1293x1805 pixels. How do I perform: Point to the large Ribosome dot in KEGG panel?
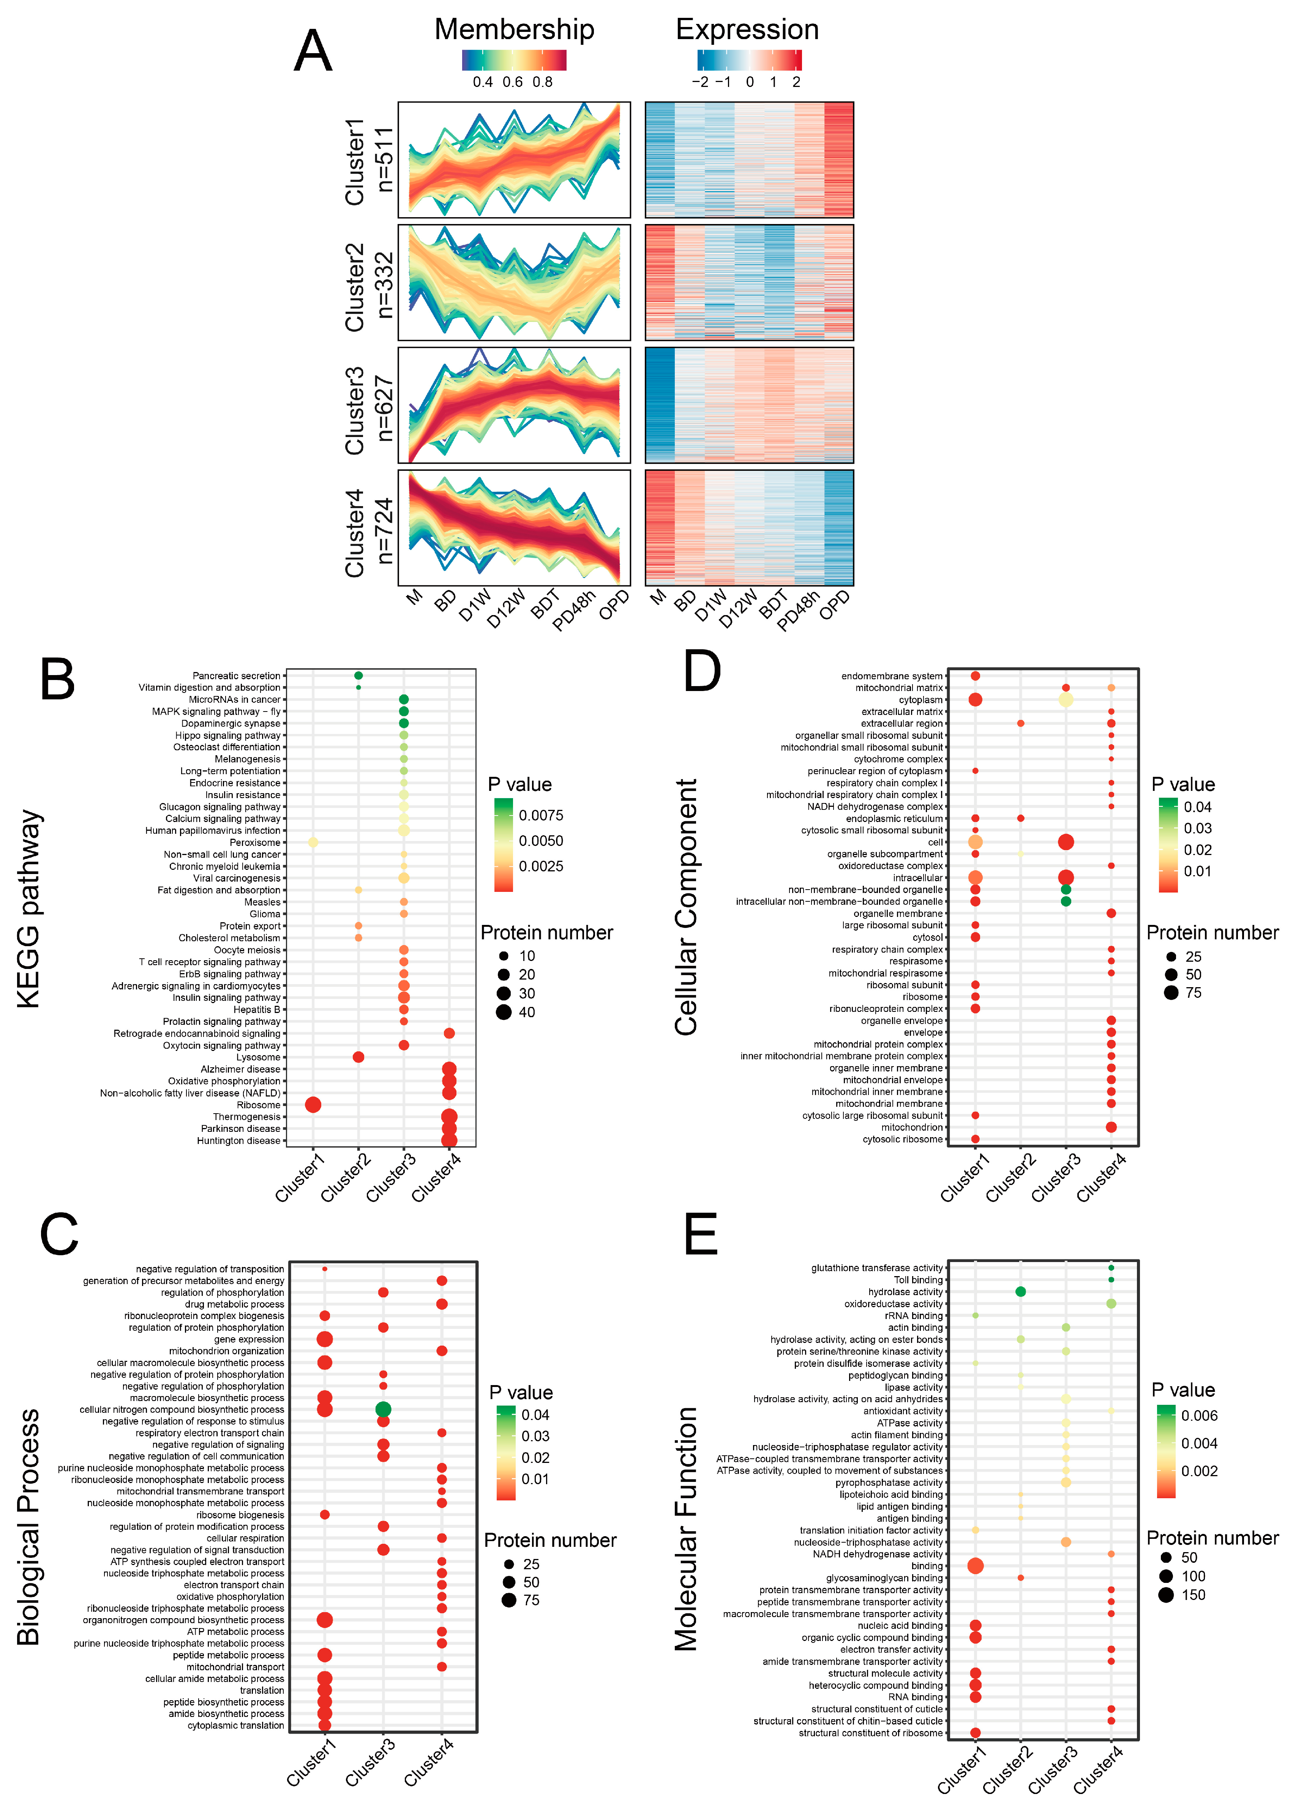click(x=313, y=1104)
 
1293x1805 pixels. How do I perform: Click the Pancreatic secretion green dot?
click(x=358, y=676)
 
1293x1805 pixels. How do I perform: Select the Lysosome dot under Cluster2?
click(x=358, y=1057)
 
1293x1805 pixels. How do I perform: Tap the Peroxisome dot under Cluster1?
click(x=313, y=842)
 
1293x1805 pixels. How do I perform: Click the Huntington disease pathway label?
click(x=239, y=1141)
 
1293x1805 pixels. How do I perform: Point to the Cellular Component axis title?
click(x=686, y=907)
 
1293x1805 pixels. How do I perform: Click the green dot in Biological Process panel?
click(x=383, y=1409)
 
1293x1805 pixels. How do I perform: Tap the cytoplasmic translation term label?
click(x=236, y=1725)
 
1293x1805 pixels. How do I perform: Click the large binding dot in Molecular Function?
click(x=975, y=1566)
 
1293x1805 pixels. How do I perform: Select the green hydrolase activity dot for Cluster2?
click(x=1021, y=1292)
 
